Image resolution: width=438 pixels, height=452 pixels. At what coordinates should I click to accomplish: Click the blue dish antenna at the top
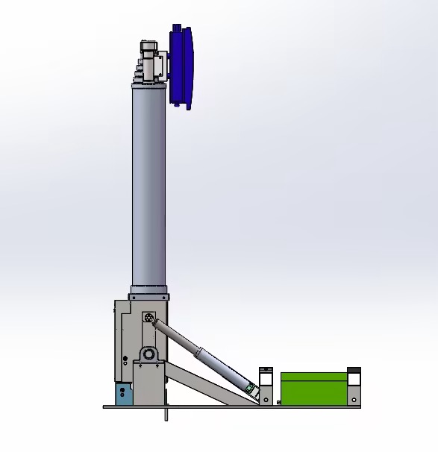(183, 66)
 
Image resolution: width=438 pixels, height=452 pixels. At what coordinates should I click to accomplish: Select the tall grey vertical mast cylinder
(148, 186)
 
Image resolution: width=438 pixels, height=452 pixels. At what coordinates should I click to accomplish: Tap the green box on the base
(313, 388)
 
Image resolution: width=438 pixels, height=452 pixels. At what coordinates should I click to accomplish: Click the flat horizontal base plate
(231, 407)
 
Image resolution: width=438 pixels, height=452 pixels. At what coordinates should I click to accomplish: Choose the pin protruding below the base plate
(165, 414)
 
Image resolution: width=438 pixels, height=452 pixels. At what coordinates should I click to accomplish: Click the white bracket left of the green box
(266, 380)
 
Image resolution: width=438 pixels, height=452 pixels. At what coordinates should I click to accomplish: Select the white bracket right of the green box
(354, 380)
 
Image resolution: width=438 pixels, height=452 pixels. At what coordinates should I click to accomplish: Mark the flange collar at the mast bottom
(148, 292)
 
